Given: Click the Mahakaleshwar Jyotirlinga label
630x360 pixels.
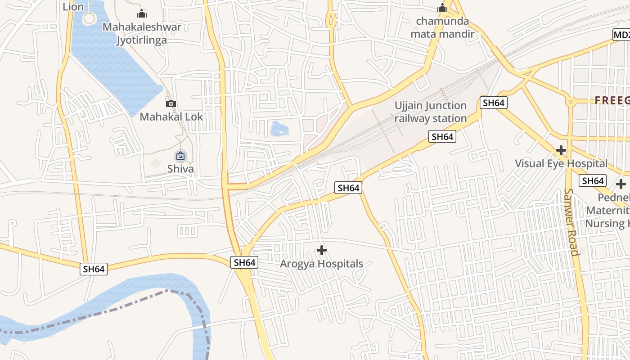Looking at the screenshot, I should tap(142, 33).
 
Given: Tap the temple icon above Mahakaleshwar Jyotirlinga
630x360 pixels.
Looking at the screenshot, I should tap(142, 14).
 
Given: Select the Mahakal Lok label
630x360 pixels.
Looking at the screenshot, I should tap(171, 117).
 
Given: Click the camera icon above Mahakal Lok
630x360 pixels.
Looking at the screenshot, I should tap(171, 104).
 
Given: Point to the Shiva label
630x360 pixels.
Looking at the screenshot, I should tap(180, 169).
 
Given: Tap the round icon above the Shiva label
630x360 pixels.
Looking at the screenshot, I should tap(180, 156).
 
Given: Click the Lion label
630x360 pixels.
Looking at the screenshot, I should tap(73, 6).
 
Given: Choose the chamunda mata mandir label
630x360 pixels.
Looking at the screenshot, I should tap(442, 27).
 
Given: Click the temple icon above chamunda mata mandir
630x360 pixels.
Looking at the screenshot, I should tap(442, 8).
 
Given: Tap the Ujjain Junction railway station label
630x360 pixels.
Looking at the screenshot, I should tap(431, 112).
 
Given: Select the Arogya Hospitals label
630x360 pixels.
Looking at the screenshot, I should tap(321, 264).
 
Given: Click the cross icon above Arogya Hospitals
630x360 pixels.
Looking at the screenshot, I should tap(322, 250).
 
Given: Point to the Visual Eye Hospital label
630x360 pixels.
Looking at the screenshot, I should tap(561, 163).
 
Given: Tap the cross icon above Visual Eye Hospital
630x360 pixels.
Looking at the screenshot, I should tap(561, 150).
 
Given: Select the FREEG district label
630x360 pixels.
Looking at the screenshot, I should tap(612, 100).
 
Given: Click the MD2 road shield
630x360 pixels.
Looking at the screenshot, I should tap(621, 35).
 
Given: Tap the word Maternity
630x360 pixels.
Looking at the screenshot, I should tap(607, 210).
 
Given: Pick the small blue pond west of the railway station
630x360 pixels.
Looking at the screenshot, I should tap(279, 129).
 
